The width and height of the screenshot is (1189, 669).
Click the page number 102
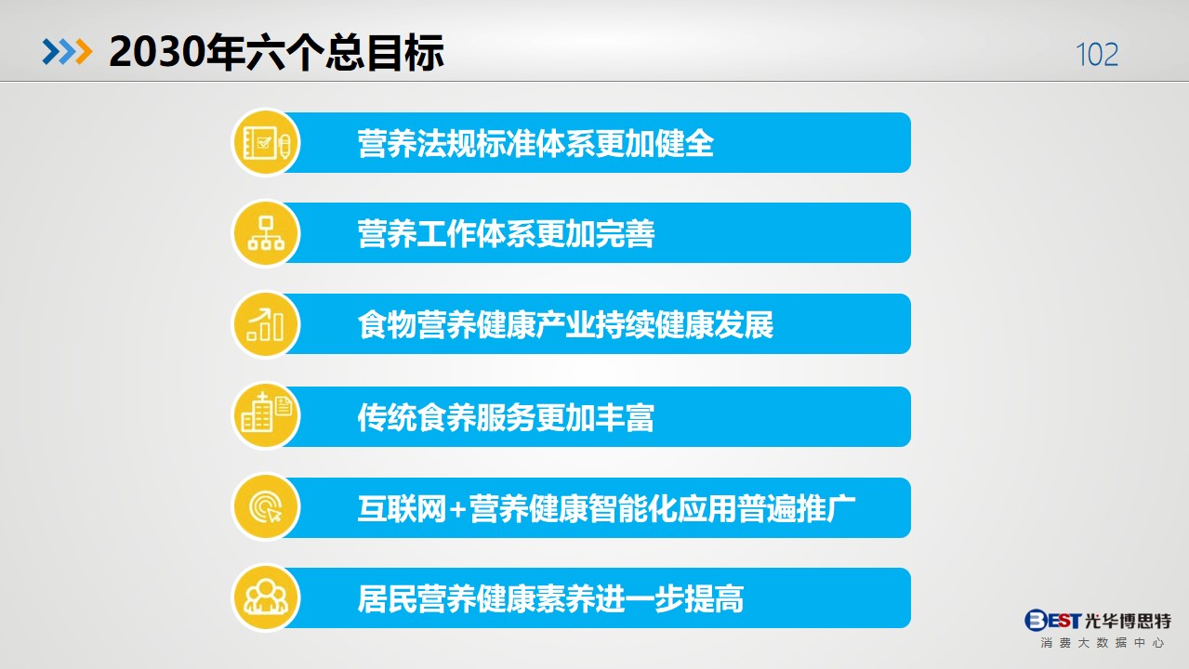pos(1097,54)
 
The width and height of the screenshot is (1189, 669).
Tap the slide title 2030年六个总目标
pos(276,52)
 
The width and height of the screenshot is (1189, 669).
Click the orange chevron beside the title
pos(84,52)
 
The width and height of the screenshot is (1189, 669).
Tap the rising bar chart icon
pos(265,324)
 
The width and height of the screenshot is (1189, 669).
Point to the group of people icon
pos(266,597)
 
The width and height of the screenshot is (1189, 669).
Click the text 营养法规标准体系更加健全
pos(535,143)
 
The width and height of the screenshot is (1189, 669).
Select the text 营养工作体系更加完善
pos(506,233)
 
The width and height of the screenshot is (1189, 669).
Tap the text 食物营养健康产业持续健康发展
pos(565,324)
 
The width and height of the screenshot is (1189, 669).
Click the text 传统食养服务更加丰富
pos(506,417)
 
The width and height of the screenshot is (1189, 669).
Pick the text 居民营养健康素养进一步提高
pos(550,599)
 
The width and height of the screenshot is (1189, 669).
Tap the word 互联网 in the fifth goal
pos(402,509)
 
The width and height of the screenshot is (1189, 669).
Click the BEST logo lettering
pos(1052,620)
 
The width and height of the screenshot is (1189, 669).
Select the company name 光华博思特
pos(1128,621)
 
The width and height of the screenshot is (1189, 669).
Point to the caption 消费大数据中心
pos(1103,643)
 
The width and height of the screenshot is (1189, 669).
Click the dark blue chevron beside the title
pos(51,52)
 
